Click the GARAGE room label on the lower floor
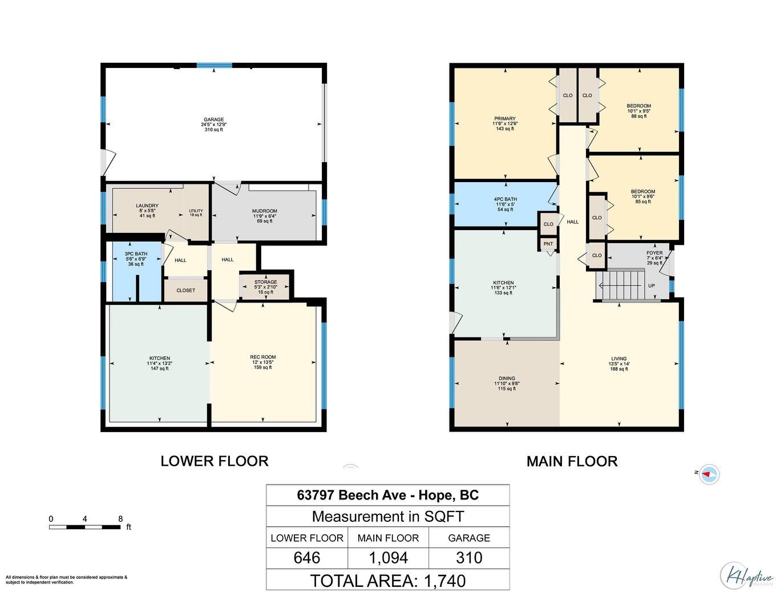coord(214,120)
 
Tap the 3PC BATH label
coord(136,254)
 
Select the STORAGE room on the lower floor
coord(265,287)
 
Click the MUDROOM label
coord(264,211)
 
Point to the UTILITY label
coord(196,211)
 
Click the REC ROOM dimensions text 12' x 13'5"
coord(262,363)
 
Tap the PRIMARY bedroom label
coord(505,119)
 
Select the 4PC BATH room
coord(505,204)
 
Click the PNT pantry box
coord(548,244)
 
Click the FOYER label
coord(654,253)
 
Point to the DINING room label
coord(507,378)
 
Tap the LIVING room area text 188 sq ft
coord(619,369)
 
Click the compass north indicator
coord(709,474)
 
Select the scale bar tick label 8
coord(120,519)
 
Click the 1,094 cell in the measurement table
coord(388,558)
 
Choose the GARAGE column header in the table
coord(469,538)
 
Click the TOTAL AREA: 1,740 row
coord(388,581)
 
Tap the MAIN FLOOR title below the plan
coord(572,461)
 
